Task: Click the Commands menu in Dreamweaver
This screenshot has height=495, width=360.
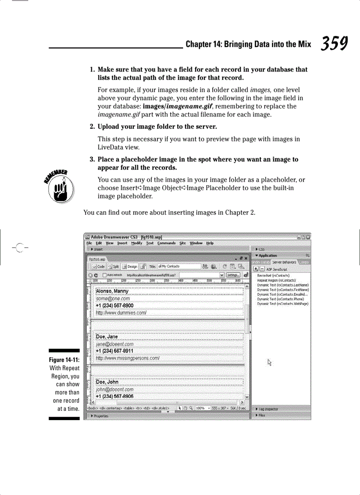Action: click(166, 243)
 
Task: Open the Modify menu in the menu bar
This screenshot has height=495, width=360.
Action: click(136, 243)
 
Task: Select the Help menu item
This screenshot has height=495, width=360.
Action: click(210, 243)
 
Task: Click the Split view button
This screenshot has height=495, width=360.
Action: click(113, 266)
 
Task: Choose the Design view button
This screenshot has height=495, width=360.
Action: click(130, 266)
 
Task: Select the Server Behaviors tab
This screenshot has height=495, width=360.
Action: click(284, 262)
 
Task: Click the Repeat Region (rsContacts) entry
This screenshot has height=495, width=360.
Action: click(276, 280)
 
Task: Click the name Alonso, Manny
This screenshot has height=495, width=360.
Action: click(112, 291)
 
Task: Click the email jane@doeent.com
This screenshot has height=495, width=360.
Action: click(114, 344)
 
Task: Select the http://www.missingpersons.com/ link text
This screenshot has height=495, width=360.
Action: click(127, 358)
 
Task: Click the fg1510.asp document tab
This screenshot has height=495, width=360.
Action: click(97, 260)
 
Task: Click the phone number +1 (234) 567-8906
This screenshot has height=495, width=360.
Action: click(114, 396)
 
